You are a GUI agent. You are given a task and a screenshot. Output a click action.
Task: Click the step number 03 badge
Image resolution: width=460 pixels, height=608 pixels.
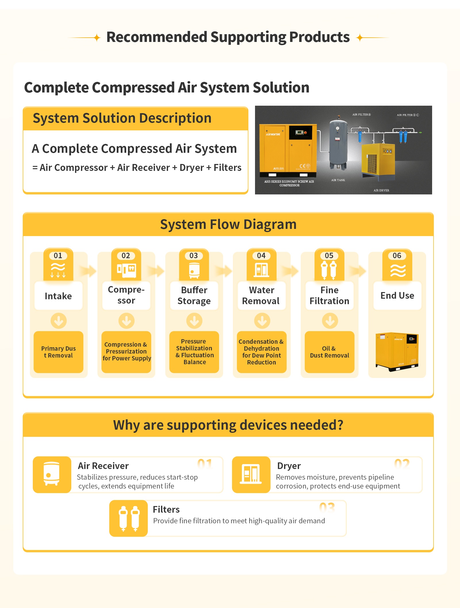(193, 256)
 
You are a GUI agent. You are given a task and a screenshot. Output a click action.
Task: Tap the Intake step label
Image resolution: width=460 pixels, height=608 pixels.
(58, 296)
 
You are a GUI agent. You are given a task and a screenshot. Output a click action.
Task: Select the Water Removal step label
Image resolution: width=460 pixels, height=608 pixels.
(261, 296)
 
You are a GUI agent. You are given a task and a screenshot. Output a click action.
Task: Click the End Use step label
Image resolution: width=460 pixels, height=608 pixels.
(397, 296)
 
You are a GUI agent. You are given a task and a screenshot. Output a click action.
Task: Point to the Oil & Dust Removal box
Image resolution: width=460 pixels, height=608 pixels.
(329, 352)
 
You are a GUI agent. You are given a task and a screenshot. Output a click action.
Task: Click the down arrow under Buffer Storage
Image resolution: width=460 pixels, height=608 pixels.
(194, 321)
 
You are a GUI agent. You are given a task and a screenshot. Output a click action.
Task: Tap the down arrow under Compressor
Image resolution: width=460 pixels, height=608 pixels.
(126, 321)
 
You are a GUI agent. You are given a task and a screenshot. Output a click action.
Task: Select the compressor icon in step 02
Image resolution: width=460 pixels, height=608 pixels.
(126, 270)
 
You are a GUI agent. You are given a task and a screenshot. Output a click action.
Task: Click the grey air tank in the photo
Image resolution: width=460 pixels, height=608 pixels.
(338, 145)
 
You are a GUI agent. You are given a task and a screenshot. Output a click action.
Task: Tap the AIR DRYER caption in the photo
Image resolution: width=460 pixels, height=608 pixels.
(381, 190)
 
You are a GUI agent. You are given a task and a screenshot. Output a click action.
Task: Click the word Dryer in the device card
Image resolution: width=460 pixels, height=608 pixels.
(289, 466)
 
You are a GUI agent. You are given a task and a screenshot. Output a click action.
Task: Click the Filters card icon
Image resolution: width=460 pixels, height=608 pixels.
(129, 518)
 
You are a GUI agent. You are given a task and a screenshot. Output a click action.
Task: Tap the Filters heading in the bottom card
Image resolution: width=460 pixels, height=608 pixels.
(166, 509)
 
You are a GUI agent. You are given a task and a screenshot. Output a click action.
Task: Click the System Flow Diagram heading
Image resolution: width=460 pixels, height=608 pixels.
(228, 224)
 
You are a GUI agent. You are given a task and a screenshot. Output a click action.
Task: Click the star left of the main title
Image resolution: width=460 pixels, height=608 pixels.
(97, 38)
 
